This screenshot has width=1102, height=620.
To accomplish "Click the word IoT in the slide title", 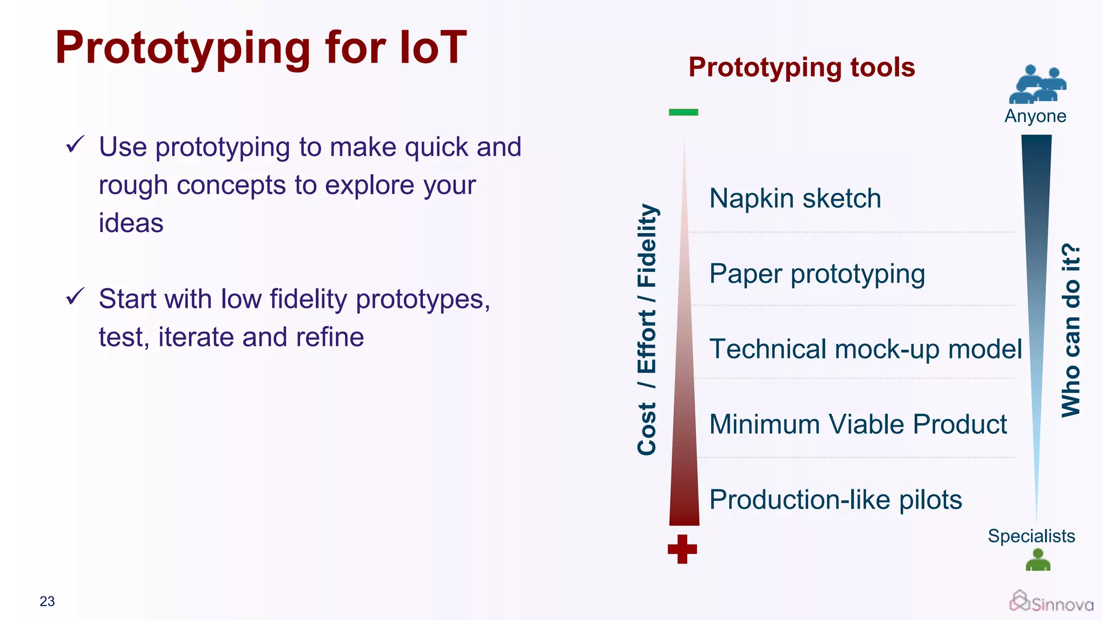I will (x=433, y=47).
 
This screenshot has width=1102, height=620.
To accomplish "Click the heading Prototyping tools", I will (x=802, y=67).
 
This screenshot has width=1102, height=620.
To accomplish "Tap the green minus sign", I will (x=683, y=112).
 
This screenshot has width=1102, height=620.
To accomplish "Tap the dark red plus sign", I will (x=682, y=549).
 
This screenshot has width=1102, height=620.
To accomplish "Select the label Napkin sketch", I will (x=795, y=198).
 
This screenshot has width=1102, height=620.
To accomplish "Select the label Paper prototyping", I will (x=817, y=274).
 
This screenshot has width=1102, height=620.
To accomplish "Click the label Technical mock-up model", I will (x=865, y=349).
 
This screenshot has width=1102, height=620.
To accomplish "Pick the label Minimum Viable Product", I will (x=858, y=424).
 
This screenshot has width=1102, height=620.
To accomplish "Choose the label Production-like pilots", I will (x=835, y=499).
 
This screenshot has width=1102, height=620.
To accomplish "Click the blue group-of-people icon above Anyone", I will (x=1037, y=84).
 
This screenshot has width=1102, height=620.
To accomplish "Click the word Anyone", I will (x=1035, y=116).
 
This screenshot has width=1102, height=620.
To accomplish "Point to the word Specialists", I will (x=1031, y=536).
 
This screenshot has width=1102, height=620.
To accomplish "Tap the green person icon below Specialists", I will (x=1038, y=560).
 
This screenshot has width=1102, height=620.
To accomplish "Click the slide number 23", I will (x=47, y=601).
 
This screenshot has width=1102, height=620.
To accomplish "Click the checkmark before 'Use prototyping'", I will (x=75, y=144).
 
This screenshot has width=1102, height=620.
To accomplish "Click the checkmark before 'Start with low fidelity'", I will (x=75, y=296).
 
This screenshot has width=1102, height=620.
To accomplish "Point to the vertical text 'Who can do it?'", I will (x=1071, y=330).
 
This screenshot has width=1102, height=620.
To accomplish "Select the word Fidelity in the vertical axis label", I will (x=647, y=245).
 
